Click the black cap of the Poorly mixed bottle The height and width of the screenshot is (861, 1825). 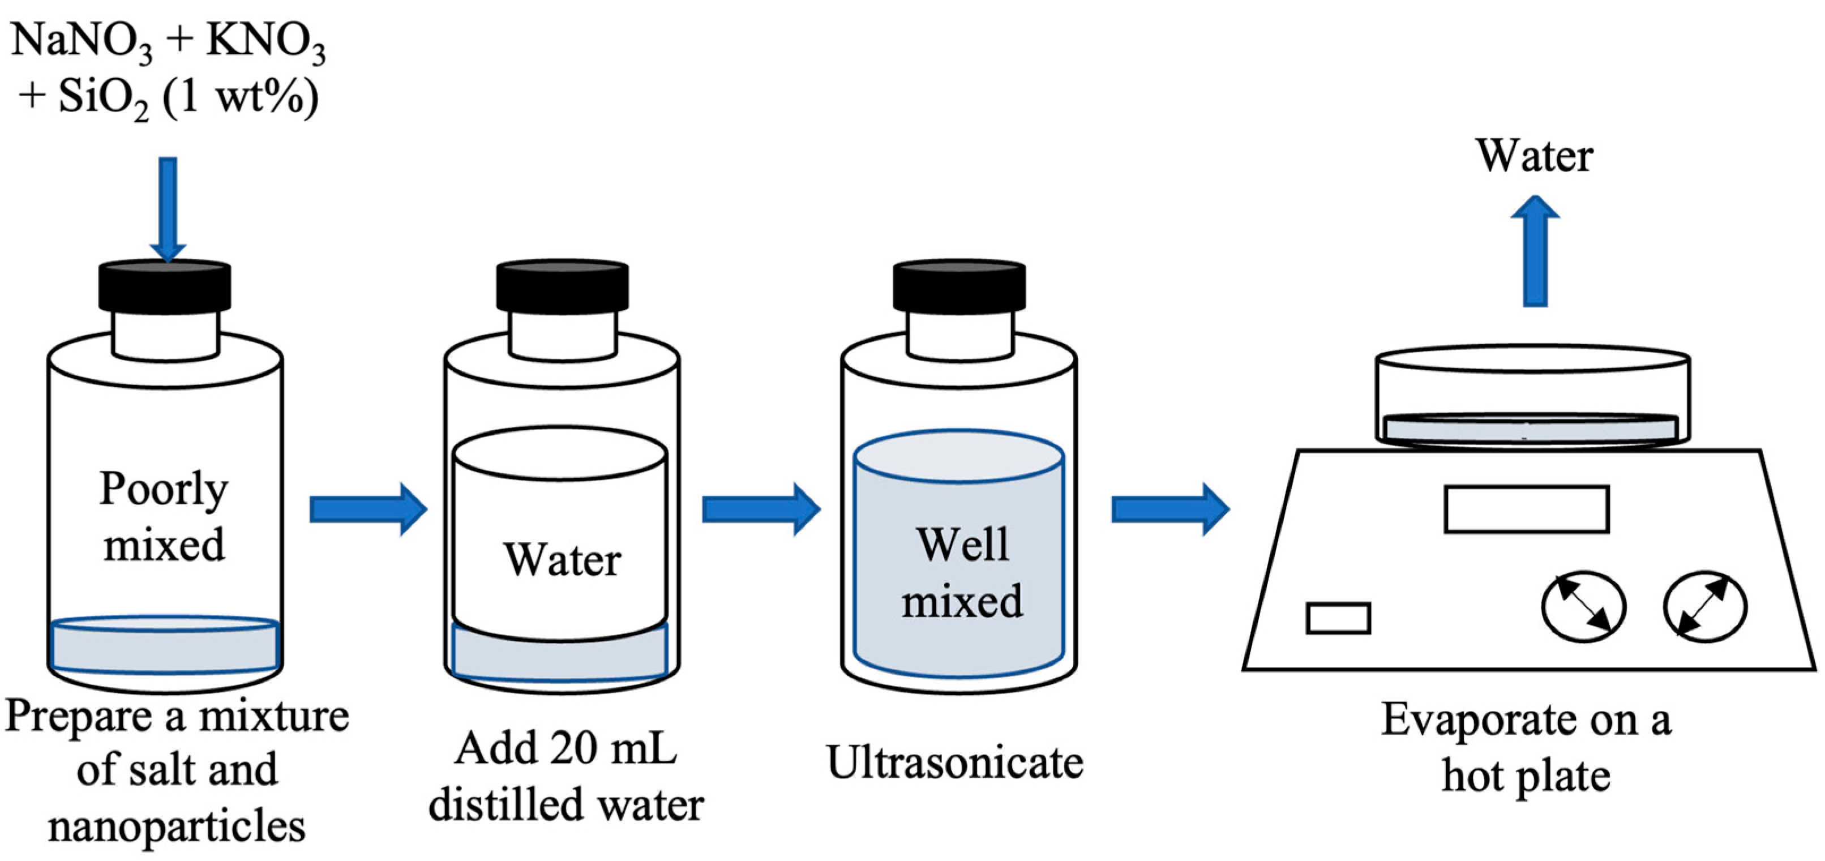(164, 287)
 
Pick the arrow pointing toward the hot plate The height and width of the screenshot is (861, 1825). (1169, 509)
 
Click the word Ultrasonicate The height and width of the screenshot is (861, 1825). (954, 764)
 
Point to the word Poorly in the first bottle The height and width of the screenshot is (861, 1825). (164, 489)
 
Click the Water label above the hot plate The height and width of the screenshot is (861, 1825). (1535, 156)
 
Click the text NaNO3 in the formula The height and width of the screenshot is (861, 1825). (82, 42)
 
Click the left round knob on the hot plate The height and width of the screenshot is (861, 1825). (1584, 607)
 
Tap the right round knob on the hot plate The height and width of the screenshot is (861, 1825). (1705, 607)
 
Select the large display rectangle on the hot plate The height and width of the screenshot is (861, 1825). (1527, 509)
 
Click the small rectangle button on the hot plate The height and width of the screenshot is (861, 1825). (1338, 618)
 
